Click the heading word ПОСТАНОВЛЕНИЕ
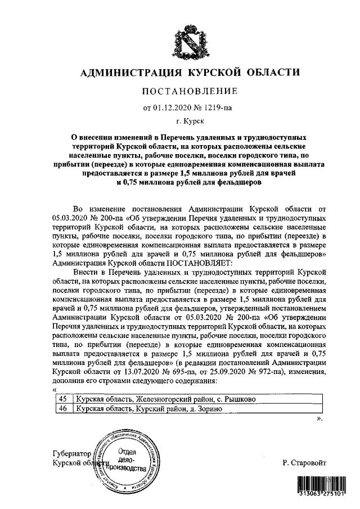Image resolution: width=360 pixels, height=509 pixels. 189,91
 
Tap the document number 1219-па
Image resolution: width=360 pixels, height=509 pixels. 217,107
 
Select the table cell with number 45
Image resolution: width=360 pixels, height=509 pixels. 64,399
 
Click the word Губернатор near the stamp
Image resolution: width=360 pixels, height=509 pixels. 70,453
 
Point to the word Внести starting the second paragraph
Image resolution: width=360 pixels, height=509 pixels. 85,272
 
